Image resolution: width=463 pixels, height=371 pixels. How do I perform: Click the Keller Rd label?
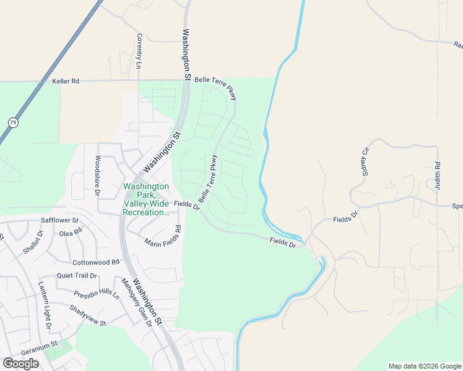coord(66,81)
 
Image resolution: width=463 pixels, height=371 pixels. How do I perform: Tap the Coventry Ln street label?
coord(139,51)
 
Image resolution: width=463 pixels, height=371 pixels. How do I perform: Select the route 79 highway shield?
coord(12,122)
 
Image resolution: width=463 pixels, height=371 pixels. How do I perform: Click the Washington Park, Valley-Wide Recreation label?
coord(146,199)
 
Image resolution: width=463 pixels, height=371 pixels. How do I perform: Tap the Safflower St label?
coord(60,220)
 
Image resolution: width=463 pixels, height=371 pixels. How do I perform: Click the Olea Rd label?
coord(69,232)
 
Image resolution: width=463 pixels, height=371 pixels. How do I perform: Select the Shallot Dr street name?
coord(31,242)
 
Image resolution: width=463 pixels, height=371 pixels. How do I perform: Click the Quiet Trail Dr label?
coord(77,276)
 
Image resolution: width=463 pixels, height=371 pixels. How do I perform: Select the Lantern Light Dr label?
coord(45,305)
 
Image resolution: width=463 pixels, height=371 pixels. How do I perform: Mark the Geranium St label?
coord(38,344)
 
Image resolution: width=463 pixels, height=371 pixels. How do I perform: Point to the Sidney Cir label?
coord(365,161)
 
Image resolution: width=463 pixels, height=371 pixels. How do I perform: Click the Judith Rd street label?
coord(437,175)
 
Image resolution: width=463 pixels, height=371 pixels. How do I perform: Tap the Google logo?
coord(20,363)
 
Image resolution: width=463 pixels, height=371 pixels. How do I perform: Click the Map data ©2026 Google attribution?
coord(424,366)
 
